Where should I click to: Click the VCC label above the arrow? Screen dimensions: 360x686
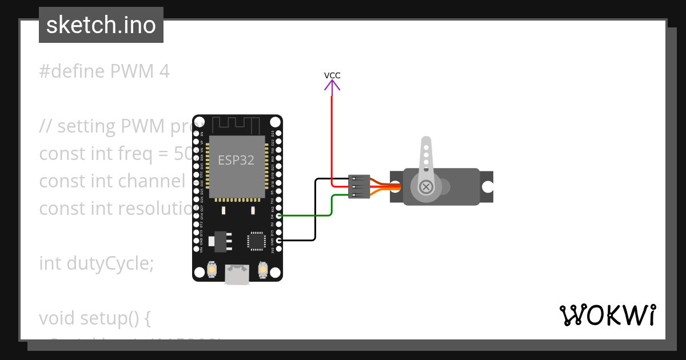point(332,75)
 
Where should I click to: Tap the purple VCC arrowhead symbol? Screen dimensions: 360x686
point(332,86)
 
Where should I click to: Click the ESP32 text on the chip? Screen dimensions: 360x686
point(236,160)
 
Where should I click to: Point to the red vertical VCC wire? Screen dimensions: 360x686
point(332,137)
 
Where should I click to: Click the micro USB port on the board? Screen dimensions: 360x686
point(237,274)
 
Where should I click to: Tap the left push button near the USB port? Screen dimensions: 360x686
point(212,269)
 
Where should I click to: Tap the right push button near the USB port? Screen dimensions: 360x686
point(263,269)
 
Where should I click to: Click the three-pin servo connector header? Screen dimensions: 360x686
point(359,187)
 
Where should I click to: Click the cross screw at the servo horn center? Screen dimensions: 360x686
point(426,187)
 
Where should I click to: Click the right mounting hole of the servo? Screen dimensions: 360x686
point(487,187)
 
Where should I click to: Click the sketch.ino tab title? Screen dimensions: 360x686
point(101,25)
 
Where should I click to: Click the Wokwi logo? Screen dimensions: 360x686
point(608,315)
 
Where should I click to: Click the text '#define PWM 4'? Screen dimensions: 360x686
point(105,71)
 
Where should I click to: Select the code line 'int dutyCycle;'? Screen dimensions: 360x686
point(97,263)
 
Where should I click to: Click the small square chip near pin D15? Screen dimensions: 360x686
point(256,241)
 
